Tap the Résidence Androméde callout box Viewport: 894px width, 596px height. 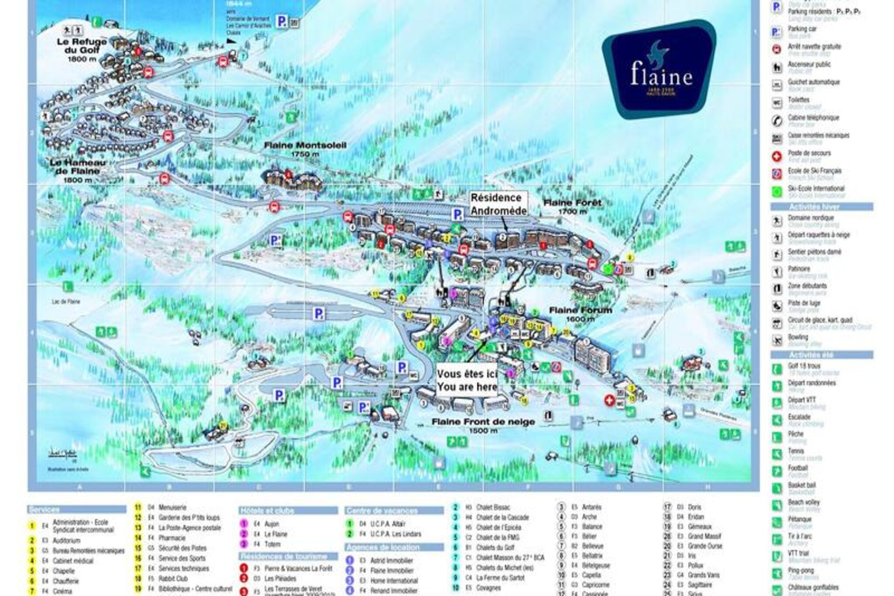coord(498,204)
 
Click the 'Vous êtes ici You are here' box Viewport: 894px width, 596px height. coord(467,380)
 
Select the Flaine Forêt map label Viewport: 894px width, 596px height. coord(572,206)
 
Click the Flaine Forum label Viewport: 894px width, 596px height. coord(580,314)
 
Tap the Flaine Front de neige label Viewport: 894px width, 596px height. coord(483,425)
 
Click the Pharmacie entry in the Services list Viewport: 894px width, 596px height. coord(172,538)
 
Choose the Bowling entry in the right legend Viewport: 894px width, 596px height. coord(798,337)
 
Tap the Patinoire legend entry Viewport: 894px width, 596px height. coord(799,269)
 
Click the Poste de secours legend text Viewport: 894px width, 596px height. coord(809,153)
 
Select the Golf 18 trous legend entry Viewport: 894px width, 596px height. coord(804,366)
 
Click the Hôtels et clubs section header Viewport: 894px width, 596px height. coord(267,510)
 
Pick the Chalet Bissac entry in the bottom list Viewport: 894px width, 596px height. coord(493,507)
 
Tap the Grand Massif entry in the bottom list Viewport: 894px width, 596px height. coord(705,536)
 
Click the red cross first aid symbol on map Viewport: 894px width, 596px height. coord(609,400)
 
